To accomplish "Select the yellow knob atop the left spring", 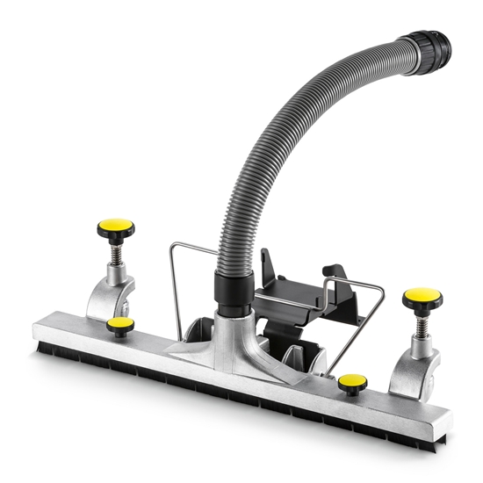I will pyautogui.click(x=116, y=230).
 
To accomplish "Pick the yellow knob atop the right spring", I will pyautogui.click(x=422, y=299).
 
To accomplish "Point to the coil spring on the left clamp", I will pyautogui.click(x=118, y=259).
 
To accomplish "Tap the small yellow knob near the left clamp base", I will pyautogui.click(x=119, y=326).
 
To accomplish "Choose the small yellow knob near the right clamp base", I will pyautogui.click(x=352, y=382).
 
